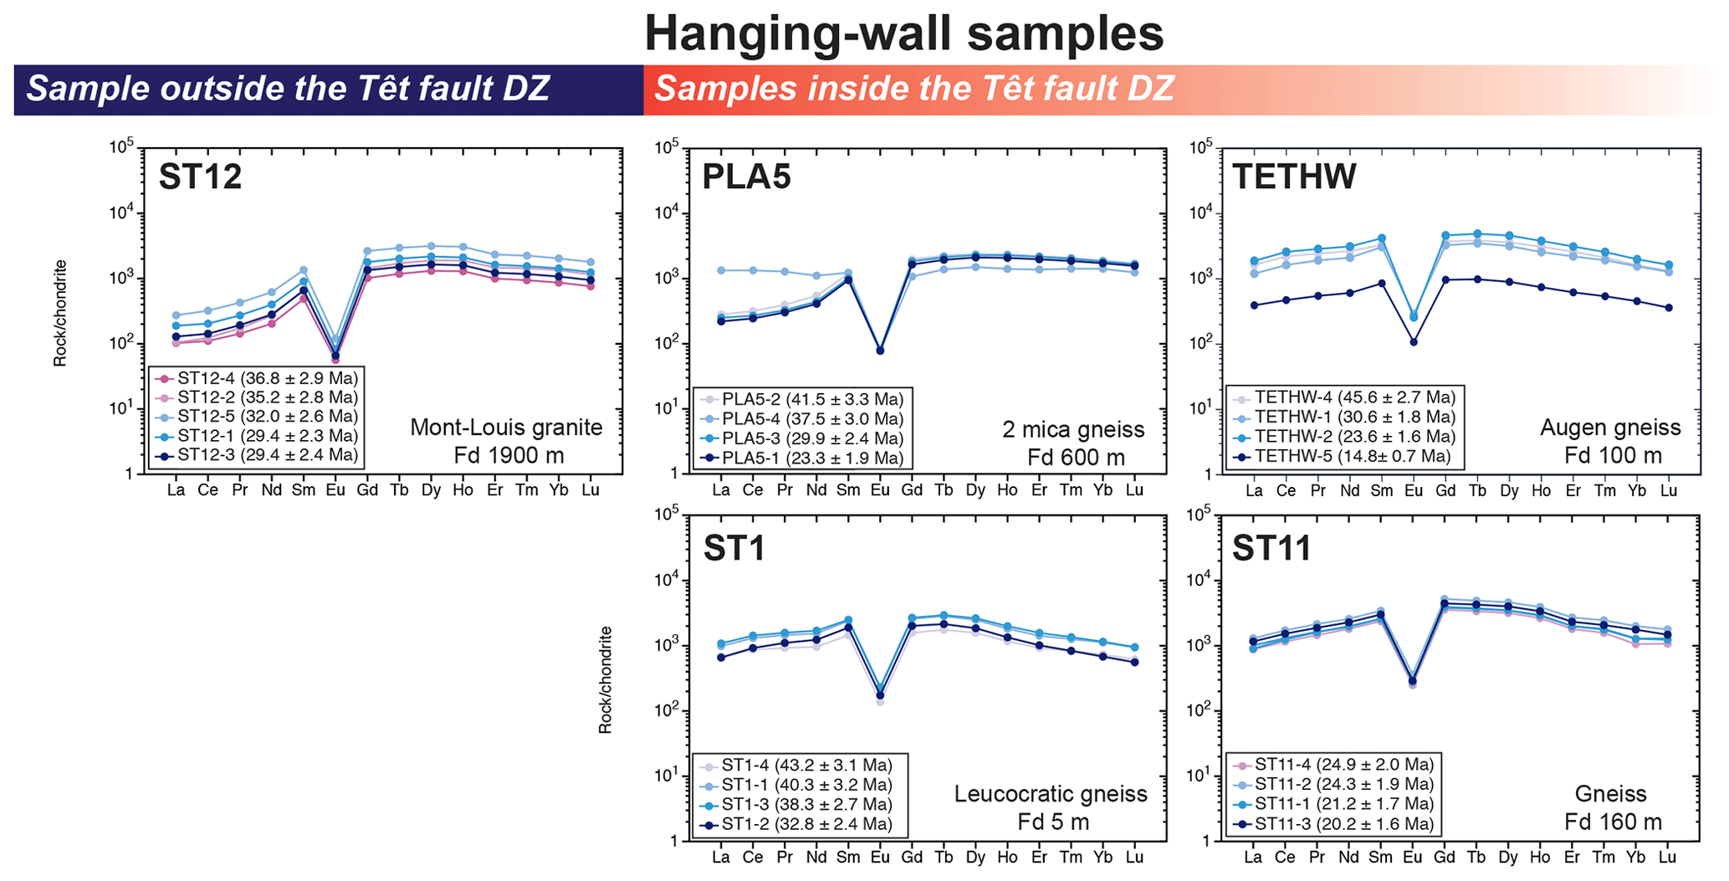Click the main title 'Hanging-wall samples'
pos(903,33)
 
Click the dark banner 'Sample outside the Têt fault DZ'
pos(289,89)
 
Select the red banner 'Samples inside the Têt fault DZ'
pos(914,89)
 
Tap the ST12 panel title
pos(200,177)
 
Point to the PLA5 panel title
pos(746,177)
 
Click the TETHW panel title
pos(1294,177)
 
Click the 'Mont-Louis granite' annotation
pos(506,428)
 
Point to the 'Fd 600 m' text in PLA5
pos(1076,458)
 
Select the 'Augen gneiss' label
pos(1610,428)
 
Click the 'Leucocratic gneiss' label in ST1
pos(1051,793)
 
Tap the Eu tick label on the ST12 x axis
pos(335,490)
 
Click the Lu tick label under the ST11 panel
pos(1668,857)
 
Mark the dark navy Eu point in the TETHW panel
pos(1414,341)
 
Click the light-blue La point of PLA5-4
pos(721,270)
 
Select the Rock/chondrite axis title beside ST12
pos(60,313)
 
